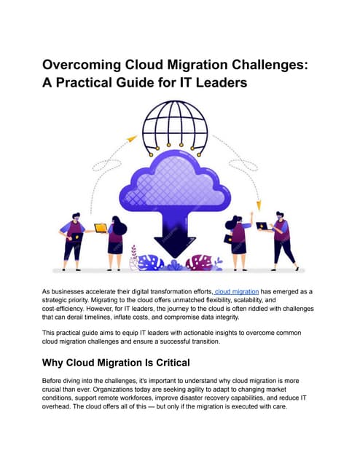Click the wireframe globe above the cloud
pyautogui.click(x=177, y=126)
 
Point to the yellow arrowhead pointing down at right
pyautogui.click(x=258, y=206)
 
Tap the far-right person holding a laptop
pyautogui.click(x=281, y=237)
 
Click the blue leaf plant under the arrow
pyautogui.click(x=150, y=262)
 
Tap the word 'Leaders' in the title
pyautogui.click(x=219, y=83)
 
